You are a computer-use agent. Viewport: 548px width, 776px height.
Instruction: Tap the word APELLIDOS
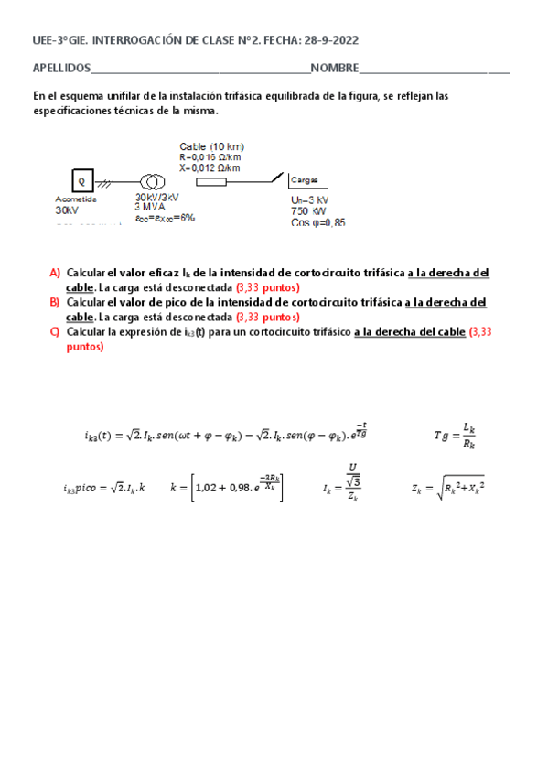click(x=61, y=69)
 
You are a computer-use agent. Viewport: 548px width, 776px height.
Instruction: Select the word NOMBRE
click(x=334, y=69)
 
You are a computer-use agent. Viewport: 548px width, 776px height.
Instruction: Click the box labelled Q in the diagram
click(x=80, y=180)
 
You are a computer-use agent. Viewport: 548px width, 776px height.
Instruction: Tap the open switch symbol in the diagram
click(x=273, y=178)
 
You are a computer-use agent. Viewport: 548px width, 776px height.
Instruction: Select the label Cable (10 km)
click(x=211, y=146)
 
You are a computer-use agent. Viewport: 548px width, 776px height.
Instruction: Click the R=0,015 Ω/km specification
click(x=211, y=156)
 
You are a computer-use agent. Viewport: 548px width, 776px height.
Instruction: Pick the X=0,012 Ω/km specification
click(x=211, y=167)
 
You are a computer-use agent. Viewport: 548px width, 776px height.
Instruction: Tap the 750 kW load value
click(x=308, y=210)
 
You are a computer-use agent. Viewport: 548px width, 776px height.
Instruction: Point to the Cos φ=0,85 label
click(x=317, y=221)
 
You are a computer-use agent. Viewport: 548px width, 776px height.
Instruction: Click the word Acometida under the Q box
click(x=75, y=198)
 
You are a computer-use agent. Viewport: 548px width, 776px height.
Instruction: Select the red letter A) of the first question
click(x=55, y=273)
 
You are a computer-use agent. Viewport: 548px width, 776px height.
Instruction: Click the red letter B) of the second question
click(x=55, y=302)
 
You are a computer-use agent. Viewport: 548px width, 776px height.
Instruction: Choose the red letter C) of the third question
click(x=55, y=331)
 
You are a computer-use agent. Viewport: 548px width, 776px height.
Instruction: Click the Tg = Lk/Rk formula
click(x=455, y=436)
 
